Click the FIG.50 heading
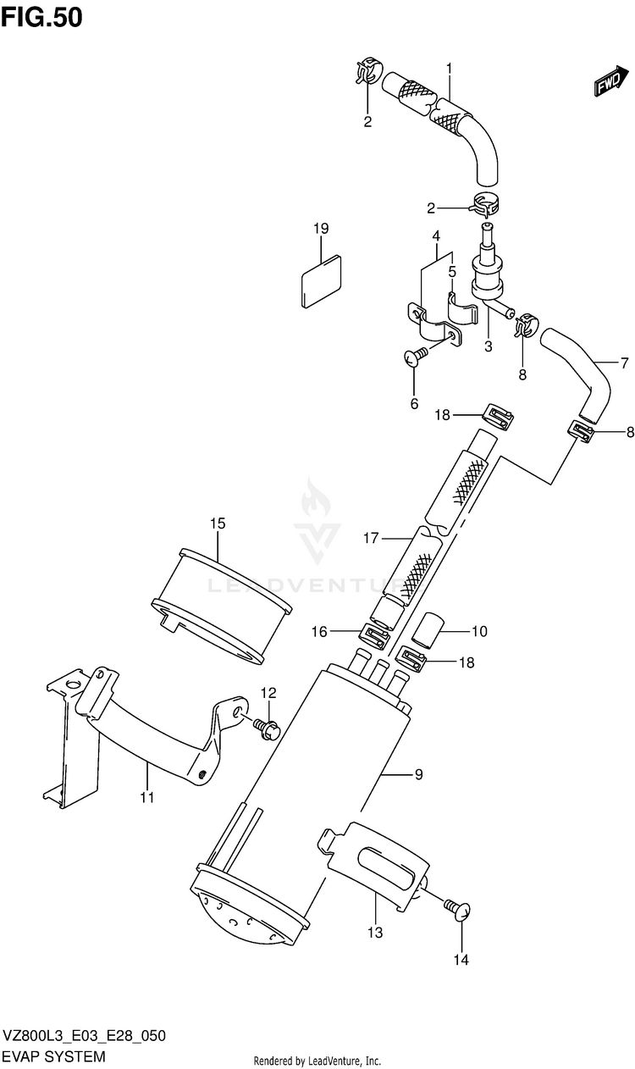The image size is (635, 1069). click(x=42, y=17)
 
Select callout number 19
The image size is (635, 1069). click(x=320, y=229)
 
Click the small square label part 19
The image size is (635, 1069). click(x=321, y=279)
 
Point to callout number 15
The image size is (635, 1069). click(x=218, y=523)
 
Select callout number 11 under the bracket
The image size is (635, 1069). click(x=146, y=797)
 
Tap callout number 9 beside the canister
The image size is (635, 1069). click(x=419, y=774)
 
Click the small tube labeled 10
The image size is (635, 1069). click(x=423, y=631)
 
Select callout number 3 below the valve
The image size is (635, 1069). click(x=489, y=346)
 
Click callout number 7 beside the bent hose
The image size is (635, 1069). click(x=624, y=364)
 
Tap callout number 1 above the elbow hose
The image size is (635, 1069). click(x=450, y=69)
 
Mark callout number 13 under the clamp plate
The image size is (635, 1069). click(x=375, y=933)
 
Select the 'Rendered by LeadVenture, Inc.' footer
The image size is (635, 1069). click(x=317, y=1061)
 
